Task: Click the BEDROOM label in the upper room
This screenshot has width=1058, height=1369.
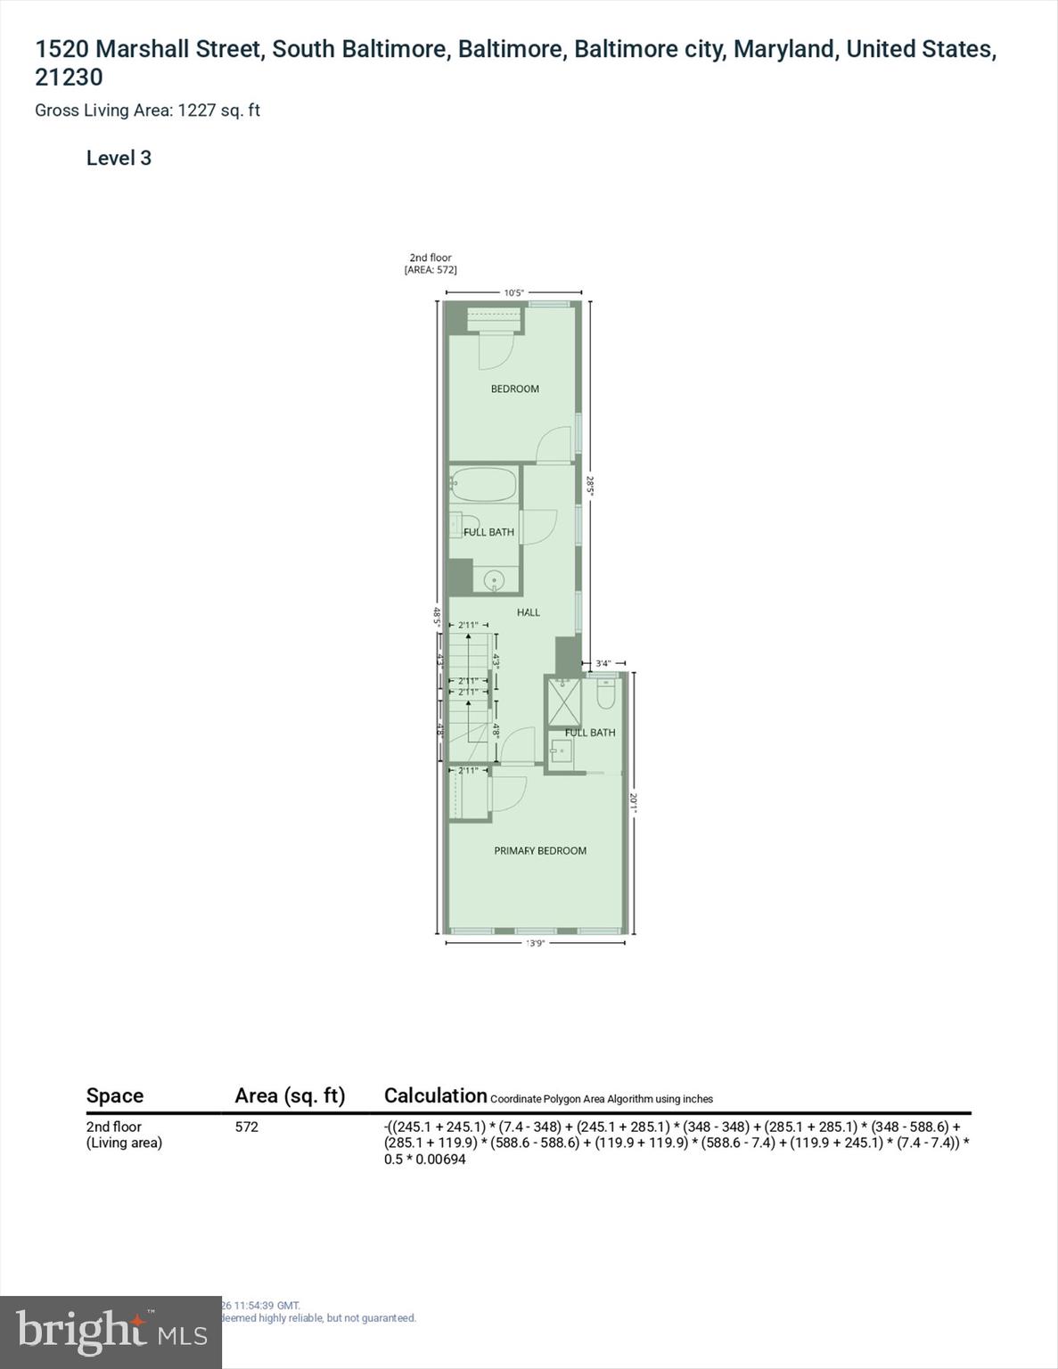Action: click(x=514, y=389)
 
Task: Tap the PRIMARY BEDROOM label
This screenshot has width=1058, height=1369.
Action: click(x=540, y=850)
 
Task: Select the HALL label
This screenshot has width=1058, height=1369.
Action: click(x=529, y=612)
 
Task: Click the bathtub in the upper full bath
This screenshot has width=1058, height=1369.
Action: click(x=483, y=485)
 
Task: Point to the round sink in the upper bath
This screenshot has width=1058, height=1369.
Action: click(x=494, y=581)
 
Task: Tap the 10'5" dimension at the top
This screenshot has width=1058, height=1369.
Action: click(x=513, y=292)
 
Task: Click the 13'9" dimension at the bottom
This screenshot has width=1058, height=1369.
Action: click(x=535, y=943)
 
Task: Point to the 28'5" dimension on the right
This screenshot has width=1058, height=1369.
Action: click(x=589, y=486)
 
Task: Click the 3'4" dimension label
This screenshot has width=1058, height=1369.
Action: click(x=603, y=663)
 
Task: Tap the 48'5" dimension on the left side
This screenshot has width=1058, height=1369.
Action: click(x=437, y=616)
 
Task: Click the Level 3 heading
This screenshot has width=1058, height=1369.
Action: click(x=119, y=159)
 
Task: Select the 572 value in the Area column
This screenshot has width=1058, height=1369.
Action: click(x=247, y=1127)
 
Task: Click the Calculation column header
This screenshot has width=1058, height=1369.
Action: click(x=435, y=1095)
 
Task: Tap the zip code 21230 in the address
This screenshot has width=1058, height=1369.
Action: click(x=69, y=78)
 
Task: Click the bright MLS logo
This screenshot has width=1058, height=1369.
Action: click(x=111, y=1332)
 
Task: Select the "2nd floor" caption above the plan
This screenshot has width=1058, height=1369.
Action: click(x=431, y=258)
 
